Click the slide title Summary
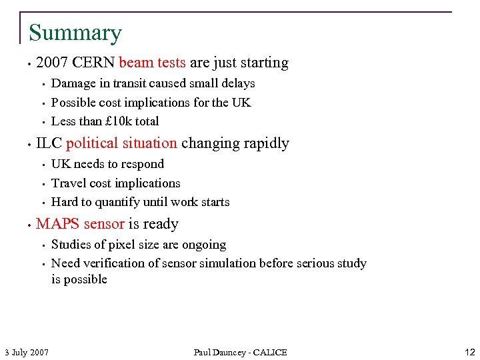click(75, 33)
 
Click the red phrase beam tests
click(152, 63)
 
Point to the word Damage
click(72, 83)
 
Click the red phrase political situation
click(121, 143)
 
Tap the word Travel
click(69, 183)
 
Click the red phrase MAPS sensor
click(80, 224)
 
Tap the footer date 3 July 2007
click(27, 352)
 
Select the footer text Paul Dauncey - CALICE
click(240, 352)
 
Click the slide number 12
click(469, 351)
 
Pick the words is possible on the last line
click(79, 279)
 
